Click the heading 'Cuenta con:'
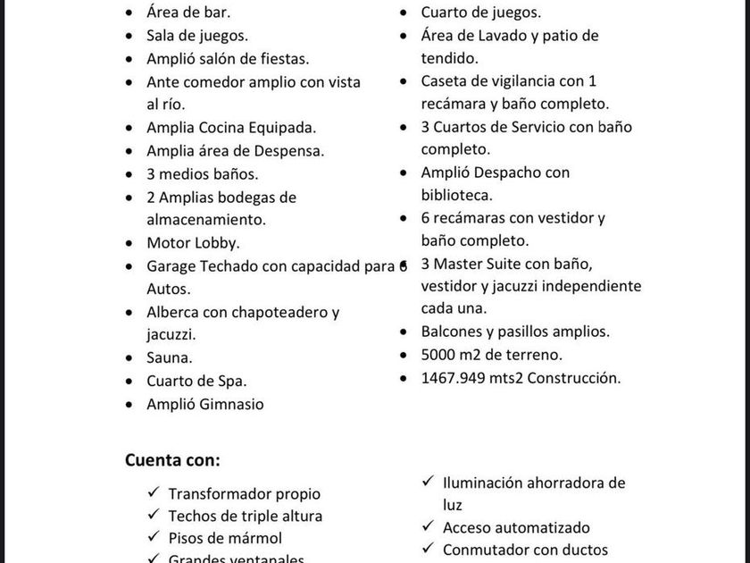pyautogui.click(x=172, y=460)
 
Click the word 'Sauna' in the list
pyautogui.click(x=168, y=357)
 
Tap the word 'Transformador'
pyautogui.click(x=219, y=493)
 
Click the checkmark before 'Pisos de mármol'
pyautogui.click(x=153, y=537)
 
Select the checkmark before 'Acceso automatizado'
pyautogui.click(x=427, y=527)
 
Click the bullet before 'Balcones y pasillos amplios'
pyautogui.click(x=404, y=332)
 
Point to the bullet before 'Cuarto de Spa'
pyautogui.click(x=130, y=382)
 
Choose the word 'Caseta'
pyautogui.click(x=445, y=81)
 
